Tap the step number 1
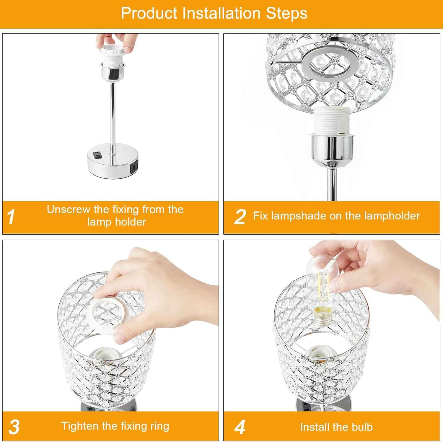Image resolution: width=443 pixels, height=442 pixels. (x=11, y=217)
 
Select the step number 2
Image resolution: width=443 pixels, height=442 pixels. (x=240, y=217)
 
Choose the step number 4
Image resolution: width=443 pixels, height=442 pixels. (x=240, y=427)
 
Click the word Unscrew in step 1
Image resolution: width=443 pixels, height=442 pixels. (x=69, y=209)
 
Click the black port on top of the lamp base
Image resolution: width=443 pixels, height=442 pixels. (x=97, y=154)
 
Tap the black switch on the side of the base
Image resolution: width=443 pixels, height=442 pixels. (x=133, y=168)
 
